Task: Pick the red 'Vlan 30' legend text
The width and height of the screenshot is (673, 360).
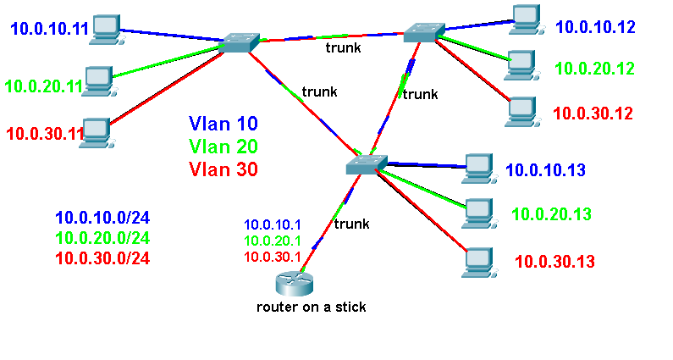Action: click(223, 169)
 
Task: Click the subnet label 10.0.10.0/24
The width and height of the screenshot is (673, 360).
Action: click(102, 218)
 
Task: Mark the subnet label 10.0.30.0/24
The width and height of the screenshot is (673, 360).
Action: click(102, 258)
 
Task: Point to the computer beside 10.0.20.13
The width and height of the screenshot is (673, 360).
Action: click(478, 213)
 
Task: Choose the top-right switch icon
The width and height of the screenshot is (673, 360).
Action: click(422, 32)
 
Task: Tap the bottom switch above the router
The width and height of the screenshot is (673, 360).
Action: click(367, 163)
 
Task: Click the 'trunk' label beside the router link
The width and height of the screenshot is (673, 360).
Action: click(351, 224)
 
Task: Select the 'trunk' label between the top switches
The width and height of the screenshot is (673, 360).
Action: click(345, 48)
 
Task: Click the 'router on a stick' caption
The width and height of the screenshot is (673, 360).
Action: click(312, 307)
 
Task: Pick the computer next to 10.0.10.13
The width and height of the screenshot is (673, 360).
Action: click(480, 166)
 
